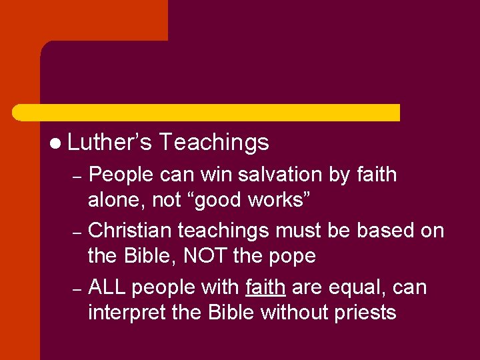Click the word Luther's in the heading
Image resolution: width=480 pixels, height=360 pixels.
[109, 142]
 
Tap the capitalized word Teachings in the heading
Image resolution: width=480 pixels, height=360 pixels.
[214, 142]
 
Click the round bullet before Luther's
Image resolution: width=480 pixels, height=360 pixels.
[55, 143]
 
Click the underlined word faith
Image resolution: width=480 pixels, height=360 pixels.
[265, 287]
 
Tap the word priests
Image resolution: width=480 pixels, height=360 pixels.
[365, 312]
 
